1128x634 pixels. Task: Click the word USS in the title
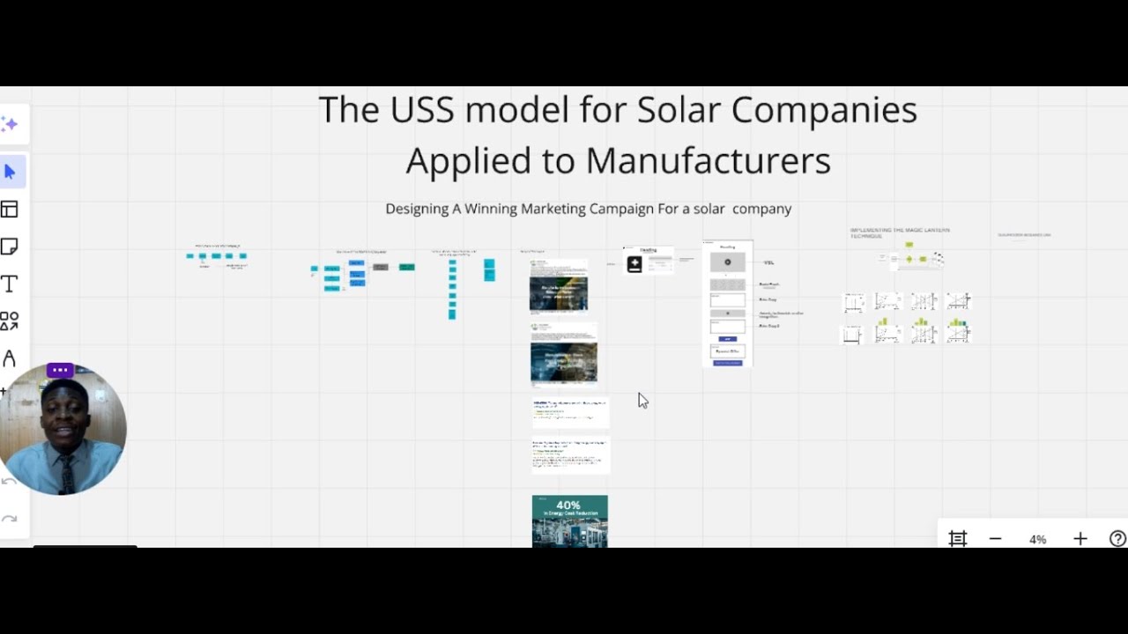(423, 110)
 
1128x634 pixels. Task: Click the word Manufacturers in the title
(708, 161)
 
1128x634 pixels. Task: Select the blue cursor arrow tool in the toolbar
(11, 172)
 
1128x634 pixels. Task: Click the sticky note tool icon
(10, 247)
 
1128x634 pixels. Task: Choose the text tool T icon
(10, 284)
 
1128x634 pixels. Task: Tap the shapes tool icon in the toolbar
(10, 321)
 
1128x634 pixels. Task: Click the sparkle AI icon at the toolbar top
(10, 124)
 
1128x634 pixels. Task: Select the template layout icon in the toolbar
(10, 209)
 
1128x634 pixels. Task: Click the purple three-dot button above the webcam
(60, 370)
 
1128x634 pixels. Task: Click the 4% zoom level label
(1037, 539)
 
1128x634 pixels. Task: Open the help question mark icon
(1117, 539)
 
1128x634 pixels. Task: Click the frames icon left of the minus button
(958, 539)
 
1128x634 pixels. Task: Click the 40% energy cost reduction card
(569, 520)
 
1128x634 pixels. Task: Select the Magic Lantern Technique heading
(899, 233)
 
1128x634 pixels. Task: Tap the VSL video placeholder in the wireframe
(727, 262)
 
